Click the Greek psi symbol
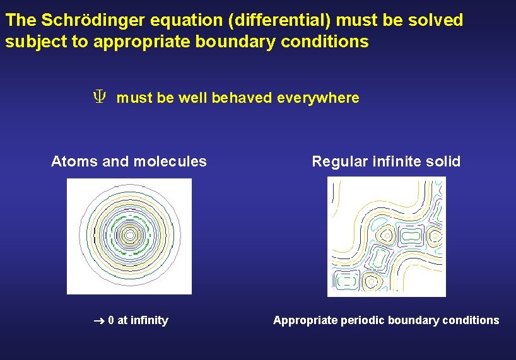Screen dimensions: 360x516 (99, 98)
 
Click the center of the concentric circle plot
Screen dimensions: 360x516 (129, 235)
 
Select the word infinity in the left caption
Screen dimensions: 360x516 (150, 320)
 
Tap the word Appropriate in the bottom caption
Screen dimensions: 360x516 (305, 320)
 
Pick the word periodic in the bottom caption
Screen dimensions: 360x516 (363, 320)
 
